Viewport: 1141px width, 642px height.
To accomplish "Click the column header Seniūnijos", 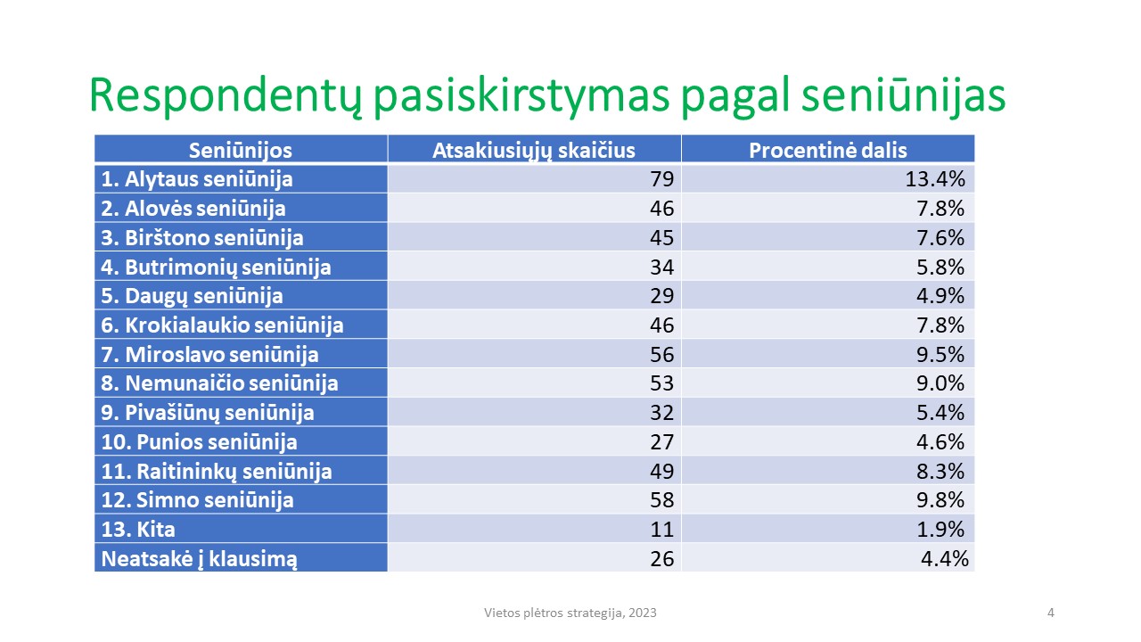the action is (x=241, y=151).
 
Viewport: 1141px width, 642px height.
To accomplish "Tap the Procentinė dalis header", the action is (x=828, y=151).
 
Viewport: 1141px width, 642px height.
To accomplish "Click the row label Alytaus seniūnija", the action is (x=197, y=180).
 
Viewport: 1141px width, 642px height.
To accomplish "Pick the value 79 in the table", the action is (x=661, y=179).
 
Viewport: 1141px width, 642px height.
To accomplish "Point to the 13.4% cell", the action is (x=935, y=179).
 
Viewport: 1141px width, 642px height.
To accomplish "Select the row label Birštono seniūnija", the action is (x=202, y=238).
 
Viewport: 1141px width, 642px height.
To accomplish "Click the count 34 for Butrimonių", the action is (x=661, y=267).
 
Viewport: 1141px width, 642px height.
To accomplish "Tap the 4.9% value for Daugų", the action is (x=940, y=295).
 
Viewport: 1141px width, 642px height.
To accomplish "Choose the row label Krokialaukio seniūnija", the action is (x=222, y=325).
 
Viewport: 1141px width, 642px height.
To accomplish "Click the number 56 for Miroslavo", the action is (x=661, y=354).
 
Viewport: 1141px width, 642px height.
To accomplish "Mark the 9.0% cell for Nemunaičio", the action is (x=940, y=383).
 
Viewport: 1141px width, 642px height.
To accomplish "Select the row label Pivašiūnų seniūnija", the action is (x=208, y=413).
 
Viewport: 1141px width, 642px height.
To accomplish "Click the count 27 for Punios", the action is (x=661, y=441).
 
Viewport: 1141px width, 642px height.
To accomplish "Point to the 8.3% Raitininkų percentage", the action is (x=940, y=472).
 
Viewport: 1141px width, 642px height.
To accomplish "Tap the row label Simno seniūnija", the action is (x=197, y=500).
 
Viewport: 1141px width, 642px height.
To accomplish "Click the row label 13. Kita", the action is (x=138, y=530).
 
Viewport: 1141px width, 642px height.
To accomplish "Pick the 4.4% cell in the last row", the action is (x=944, y=559).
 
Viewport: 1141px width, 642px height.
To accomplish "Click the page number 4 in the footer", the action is (x=1050, y=613).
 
